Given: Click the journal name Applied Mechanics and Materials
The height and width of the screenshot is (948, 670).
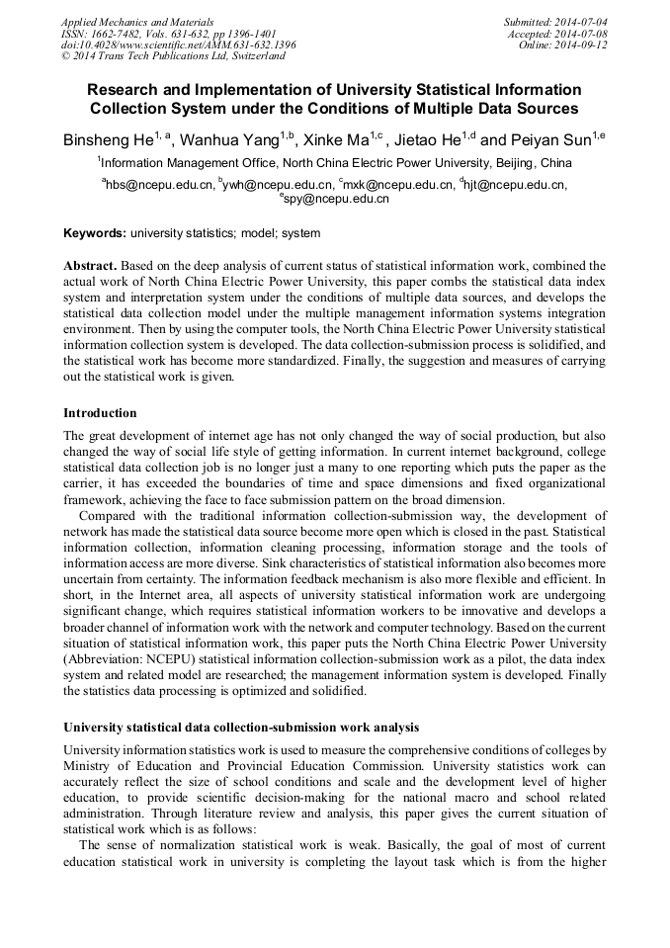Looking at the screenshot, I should point(136,21).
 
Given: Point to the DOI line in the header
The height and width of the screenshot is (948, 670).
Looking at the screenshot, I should point(179,44).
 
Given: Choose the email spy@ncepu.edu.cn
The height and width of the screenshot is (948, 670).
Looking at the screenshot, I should point(336,198).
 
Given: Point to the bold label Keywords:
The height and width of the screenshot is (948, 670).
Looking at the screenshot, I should point(95,233).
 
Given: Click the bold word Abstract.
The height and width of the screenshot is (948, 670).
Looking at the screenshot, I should point(92,267).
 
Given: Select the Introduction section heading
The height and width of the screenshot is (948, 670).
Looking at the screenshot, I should point(100,412).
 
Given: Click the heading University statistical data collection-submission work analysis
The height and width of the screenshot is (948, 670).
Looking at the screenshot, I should point(241,728).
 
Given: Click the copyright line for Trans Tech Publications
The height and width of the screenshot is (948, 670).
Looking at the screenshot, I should point(173,56).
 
